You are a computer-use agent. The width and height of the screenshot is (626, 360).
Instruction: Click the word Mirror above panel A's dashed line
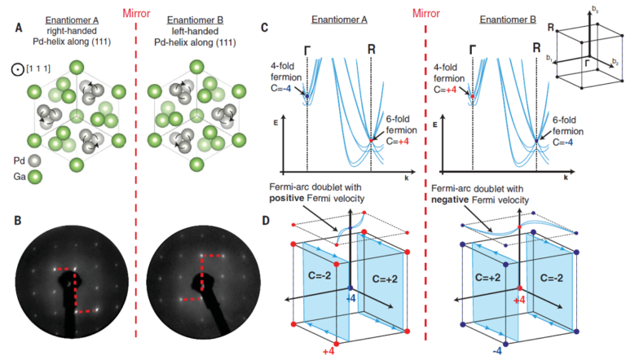pyautogui.click(x=135, y=11)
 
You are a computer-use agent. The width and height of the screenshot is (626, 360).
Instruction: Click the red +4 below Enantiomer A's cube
pyautogui.click(x=328, y=351)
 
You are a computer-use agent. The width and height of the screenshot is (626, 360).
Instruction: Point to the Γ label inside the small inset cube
pyautogui.click(x=588, y=60)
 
